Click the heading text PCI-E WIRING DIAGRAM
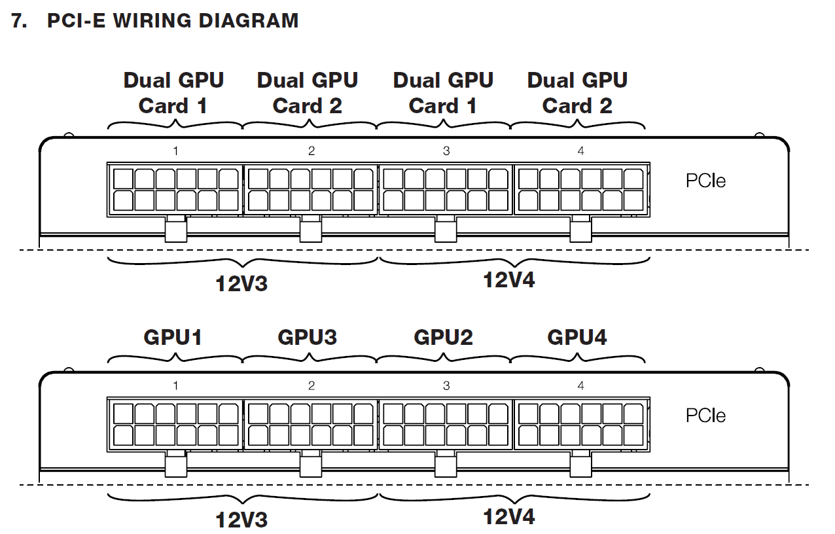(173, 21)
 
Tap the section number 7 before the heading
(20, 21)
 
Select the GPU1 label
(173, 337)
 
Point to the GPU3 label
(308, 337)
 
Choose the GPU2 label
(443, 337)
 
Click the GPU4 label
(577, 337)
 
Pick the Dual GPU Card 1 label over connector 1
(173, 93)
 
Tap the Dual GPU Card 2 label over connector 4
(577, 93)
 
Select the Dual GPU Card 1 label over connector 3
(443, 93)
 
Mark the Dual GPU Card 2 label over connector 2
(308, 93)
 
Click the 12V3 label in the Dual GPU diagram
(241, 284)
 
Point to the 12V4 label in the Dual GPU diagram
(508, 280)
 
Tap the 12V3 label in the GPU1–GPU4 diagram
(241, 520)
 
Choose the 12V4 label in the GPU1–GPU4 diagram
(508, 517)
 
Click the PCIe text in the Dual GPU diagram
(705, 181)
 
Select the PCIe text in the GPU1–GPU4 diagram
(705, 416)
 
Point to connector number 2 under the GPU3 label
(311, 386)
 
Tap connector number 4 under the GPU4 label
(580, 386)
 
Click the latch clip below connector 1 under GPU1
(175, 465)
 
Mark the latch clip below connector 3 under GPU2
(446, 465)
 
